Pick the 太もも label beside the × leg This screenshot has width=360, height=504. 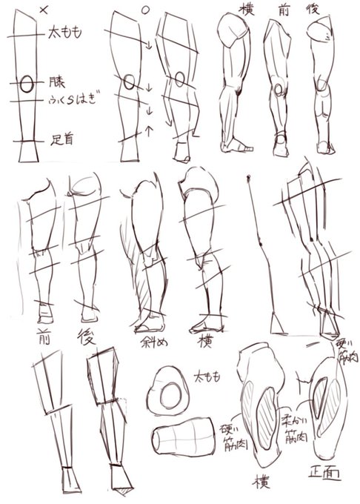[x=64, y=33]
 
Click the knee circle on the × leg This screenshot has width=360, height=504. [x=26, y=84]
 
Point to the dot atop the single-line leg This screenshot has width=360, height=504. [x=248, y=177]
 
